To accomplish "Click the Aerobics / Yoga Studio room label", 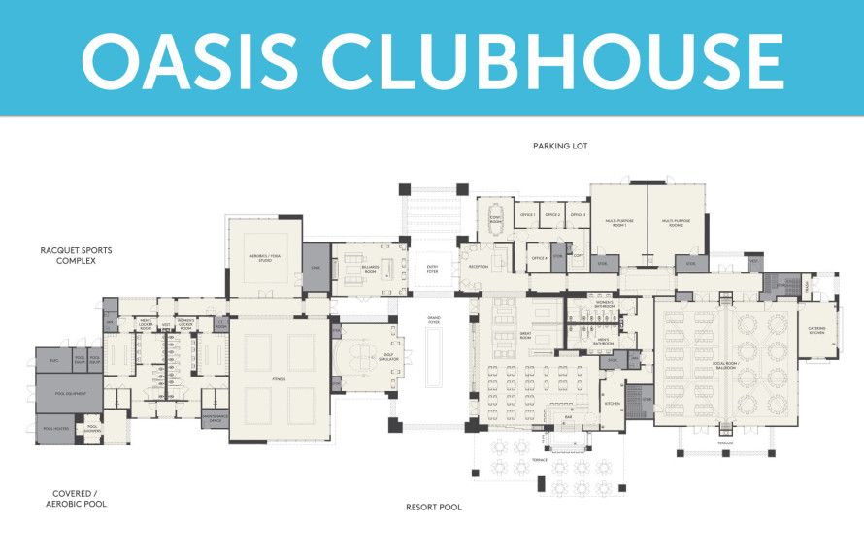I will point(265,257).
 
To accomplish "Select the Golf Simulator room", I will point(365,356).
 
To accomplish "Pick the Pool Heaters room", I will point(54,427).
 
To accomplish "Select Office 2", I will point(552,214).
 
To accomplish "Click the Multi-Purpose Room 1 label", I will point(618,222).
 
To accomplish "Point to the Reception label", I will point(479,265).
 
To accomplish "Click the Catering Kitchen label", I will point(818,330).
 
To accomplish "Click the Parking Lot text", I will point(560,146).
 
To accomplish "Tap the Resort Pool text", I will point(433,507).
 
